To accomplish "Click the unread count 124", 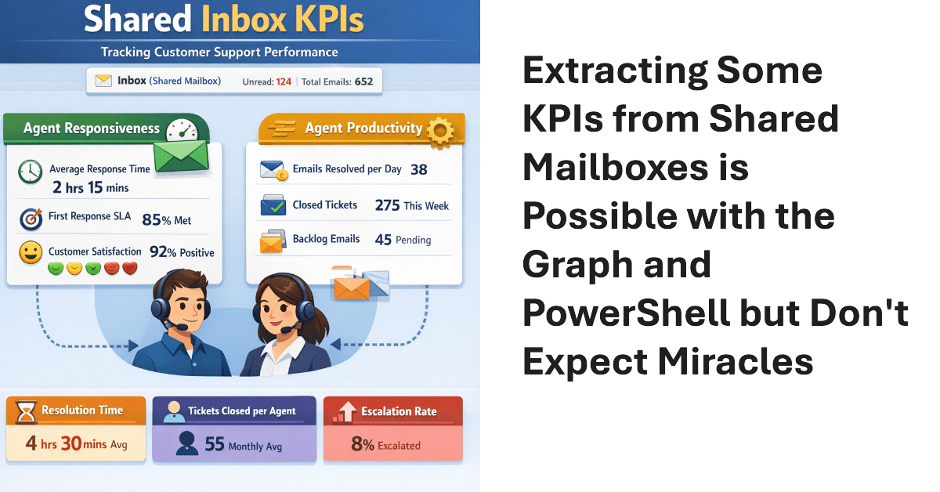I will pos(283,81).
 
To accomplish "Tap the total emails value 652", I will pos(363,81).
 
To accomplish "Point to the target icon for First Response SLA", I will pos(31,219).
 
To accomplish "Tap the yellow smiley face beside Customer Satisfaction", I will pos(31,252).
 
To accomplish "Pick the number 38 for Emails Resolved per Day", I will pos(418,169).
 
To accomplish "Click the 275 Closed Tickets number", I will pos(387,205).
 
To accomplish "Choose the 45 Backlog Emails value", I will pos(383,240).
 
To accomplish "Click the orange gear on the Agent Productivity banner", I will pos(441,132).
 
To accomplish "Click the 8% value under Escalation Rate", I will pos(362,444).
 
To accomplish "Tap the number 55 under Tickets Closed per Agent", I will pos(215,444).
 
